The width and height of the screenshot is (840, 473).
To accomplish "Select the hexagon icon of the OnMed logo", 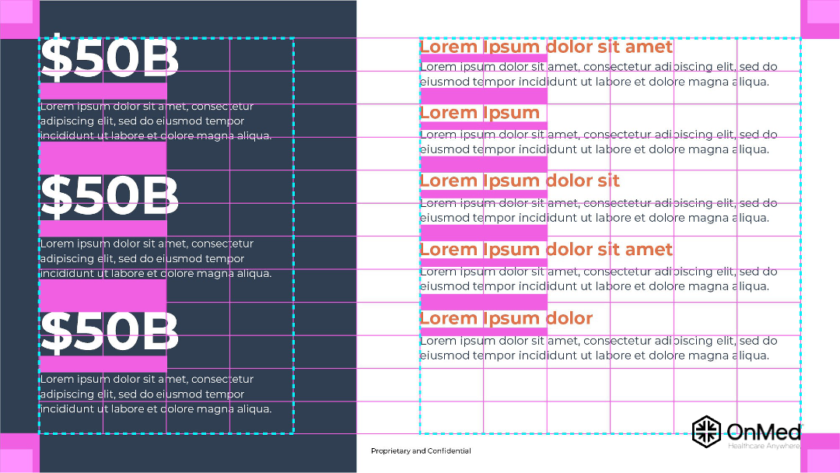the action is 706,431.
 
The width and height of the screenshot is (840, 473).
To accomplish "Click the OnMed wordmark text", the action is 765,432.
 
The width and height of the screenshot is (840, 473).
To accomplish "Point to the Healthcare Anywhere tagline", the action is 764,446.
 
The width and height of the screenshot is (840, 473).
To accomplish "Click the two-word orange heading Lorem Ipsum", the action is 479,113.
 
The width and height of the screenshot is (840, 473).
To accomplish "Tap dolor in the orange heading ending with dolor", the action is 569,318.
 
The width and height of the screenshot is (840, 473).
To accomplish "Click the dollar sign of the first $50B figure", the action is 56,56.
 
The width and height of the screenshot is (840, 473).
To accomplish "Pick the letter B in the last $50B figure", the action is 161,332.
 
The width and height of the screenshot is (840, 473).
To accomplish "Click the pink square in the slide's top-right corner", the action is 821,19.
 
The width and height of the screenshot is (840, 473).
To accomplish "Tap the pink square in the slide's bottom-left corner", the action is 19,454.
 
